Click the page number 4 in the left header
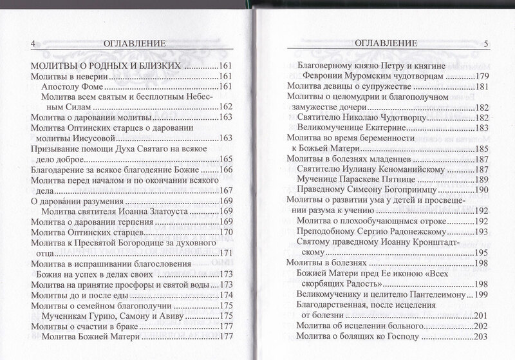(x=32, y=44)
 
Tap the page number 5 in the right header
(x=486, y=43)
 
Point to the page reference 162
(x=226, y=106)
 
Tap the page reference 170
(x=226, y=232)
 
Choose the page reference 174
(x=226, y=295)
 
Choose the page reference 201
(x=483, y=316)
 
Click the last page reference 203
(x=483, y=336)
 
